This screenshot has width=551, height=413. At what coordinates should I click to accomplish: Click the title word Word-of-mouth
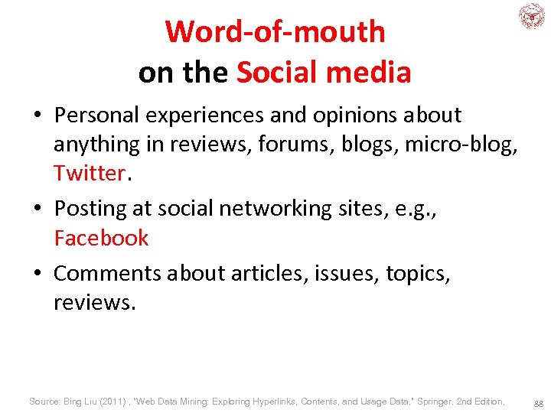tap(275, 32)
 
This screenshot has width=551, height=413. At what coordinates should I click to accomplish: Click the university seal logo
tap(531, 16)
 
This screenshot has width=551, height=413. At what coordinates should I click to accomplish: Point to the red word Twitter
tap(89, 173)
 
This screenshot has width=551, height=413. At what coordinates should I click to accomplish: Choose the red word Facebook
tap(101, 238)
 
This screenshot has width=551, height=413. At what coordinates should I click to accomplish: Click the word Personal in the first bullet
tap(96, 115)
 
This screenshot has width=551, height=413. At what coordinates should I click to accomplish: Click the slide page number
tap(539, 402)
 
